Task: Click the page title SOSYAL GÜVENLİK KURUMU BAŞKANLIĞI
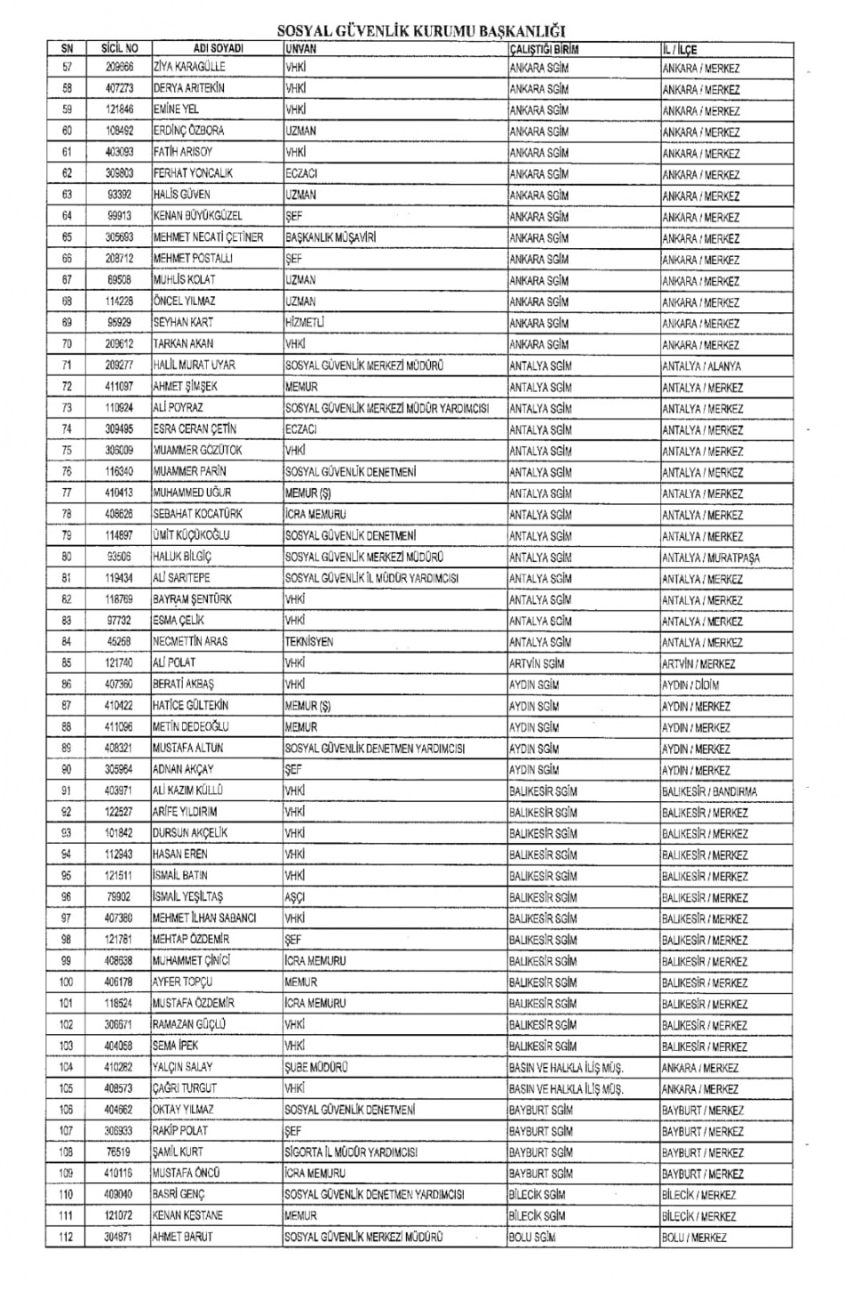click(x=421, y=31)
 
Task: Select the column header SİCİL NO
click(x=119, y=49)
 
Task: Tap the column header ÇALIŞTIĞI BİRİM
click(x=544, y=50)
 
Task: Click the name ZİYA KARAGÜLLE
click(x=189, y=67)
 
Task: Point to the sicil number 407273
click(x=119, y=88)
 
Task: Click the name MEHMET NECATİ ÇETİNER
click(x=208, y=237)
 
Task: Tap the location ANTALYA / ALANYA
click(x=701, y=366)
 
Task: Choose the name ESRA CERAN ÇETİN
click(x=195, y=429)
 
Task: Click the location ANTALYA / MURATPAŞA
click(x=710, y=558)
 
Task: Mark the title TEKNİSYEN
click(x=309, y=642)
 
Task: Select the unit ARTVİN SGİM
click(x=537, y=663)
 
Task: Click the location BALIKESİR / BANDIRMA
click(x=709, y=791)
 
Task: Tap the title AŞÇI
click(x=294, y=898)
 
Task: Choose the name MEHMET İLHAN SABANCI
click(x=204, y=918)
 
